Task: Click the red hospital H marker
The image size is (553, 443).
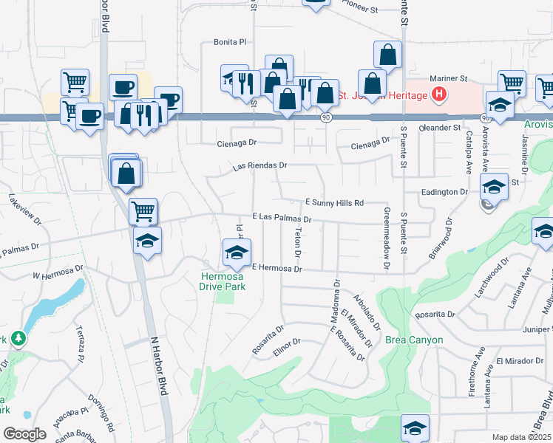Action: tap(439, 95)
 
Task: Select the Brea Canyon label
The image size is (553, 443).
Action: tap(414, 340)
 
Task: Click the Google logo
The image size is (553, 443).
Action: tap(24, 434)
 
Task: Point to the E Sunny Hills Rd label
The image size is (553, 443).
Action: tap(335, 202)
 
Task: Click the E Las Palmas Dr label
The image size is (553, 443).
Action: tap(282, 218)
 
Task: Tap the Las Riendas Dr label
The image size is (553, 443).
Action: tap(259, 166)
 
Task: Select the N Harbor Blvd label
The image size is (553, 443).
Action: tap(155, 367)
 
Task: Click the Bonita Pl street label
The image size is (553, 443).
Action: tap(229, 43)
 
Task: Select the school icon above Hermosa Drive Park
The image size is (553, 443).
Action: tap(237, 253)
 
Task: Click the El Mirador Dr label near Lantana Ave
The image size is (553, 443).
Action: tap(514, 361)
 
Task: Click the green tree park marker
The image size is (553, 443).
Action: tap(17, 339)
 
